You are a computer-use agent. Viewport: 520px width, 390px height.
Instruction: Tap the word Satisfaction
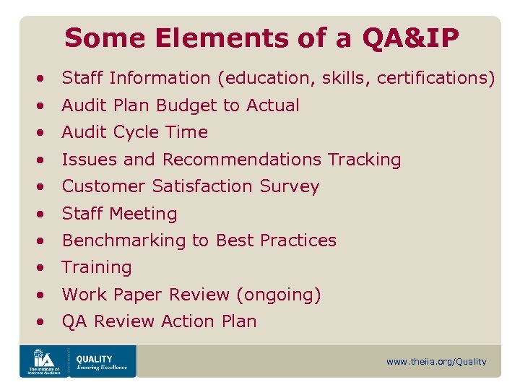200,186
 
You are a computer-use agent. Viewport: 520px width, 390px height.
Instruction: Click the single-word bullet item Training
97,268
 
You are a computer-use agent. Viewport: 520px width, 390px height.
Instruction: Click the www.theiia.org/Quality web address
436,362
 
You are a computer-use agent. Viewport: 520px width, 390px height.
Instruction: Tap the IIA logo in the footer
43,360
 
